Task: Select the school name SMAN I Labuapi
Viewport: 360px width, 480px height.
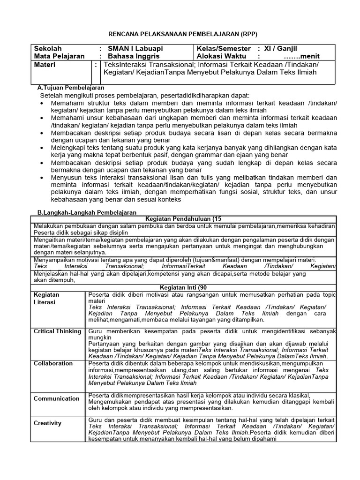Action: (x=136, y=49)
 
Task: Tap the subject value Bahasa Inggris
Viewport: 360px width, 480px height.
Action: (x=134, y=56)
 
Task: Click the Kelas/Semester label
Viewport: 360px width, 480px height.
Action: (x=225, y=49)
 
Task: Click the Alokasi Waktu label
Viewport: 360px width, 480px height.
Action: (x=222, y=56)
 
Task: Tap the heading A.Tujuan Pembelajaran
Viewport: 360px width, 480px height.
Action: (x=71, y=88)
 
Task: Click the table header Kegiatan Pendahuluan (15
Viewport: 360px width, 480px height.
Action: (x=183, y=219)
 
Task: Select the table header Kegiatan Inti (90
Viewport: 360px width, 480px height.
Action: (x=183, y=287)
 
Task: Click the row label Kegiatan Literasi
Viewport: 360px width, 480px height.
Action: (x=46, y=298)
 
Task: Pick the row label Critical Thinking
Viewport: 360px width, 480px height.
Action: (x=57, y=331)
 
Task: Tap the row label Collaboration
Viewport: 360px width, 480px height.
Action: (x=53, y=363)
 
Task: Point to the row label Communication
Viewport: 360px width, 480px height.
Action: (x=56, y=398)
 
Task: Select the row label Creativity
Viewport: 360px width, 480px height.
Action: (x=47, y=423)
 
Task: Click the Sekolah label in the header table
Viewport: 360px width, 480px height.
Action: (x=47, y=49)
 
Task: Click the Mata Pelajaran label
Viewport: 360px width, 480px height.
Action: (x=59, y=56)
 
